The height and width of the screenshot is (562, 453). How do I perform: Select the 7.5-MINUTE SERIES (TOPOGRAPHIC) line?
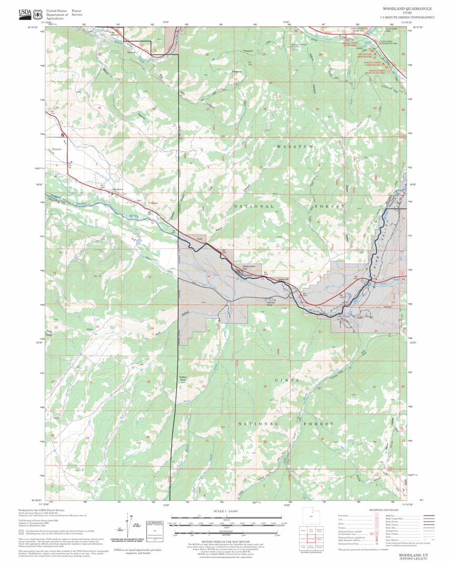[x=407, y=18]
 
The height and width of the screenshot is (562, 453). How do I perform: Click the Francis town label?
[x=57, y=150]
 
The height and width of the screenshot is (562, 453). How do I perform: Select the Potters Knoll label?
[x=183, y=379]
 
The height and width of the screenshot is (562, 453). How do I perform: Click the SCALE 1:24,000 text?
[x=226, y=511]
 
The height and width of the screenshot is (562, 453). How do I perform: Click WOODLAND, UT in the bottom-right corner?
[x=413, y=554]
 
